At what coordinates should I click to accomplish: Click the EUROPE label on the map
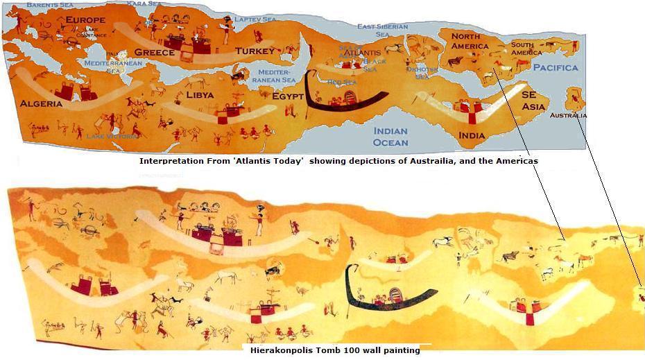click(x=85, y=20)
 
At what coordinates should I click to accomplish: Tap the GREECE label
click(x=154, y=53)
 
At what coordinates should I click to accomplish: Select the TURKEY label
click(x=255, y=51)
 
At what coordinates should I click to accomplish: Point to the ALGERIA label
click(x=41, y=103)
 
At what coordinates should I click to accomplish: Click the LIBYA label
click(x=200, y=94)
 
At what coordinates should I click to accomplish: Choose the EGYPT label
click(x=288, y=96)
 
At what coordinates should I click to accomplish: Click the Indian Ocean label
click(x=390, y=137)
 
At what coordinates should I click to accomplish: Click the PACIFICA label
click(x=555, y=67)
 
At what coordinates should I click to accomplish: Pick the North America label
click(x=470, y=41)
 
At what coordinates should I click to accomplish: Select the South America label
click(x=526, y=49)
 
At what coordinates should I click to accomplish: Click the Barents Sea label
click(x=49, y=4)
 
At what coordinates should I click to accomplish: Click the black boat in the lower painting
click(x=388, y=300)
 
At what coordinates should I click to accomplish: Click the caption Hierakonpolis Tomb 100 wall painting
click(x=335, y=351)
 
